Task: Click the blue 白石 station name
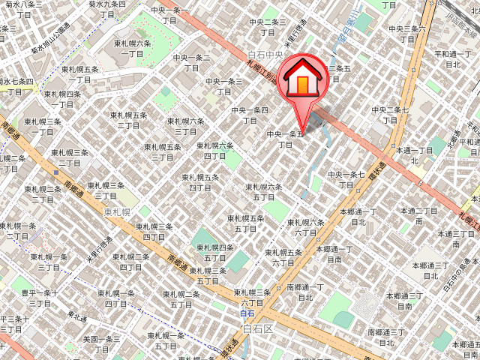(248, 313)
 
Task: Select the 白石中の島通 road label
(454, 274)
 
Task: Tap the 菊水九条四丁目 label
(107, 9)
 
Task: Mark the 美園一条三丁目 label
(101, 343)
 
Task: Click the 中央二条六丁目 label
(409, 34)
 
